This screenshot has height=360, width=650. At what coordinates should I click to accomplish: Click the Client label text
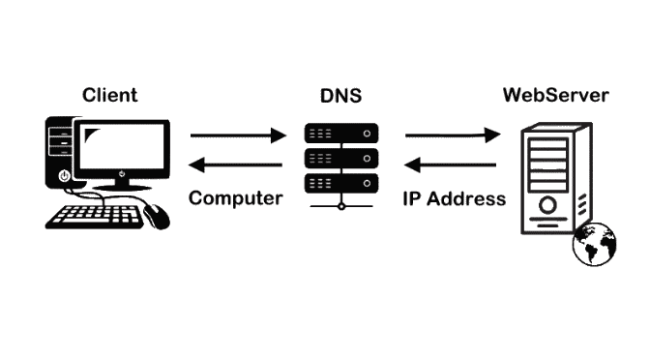tap(109, 95)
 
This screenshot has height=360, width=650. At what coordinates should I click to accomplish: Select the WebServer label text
tap(555, 95)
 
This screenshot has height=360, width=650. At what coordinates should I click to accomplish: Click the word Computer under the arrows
tap(236, 198)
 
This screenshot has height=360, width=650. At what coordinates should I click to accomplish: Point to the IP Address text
tap(454, 198)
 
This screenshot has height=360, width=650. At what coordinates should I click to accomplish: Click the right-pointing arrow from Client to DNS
tap(236, 135)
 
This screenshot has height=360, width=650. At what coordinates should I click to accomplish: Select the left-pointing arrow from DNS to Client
tap(236, 165)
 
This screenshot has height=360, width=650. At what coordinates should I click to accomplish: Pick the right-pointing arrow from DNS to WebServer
tap(453, 135)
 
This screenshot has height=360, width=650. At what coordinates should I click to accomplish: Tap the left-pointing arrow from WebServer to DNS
tap(453, 165)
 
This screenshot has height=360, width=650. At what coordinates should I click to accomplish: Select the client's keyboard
tap(95, 215)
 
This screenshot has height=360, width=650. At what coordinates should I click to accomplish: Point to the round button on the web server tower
tap(548, 204)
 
